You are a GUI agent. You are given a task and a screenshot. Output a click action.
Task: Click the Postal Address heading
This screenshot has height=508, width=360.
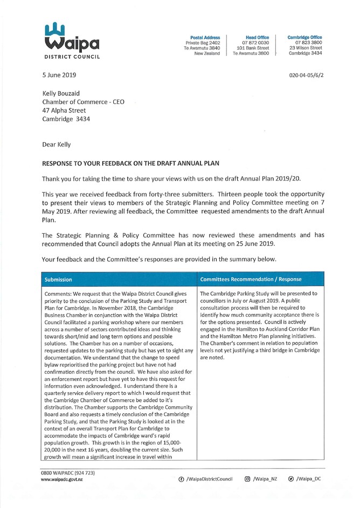click(205, 37)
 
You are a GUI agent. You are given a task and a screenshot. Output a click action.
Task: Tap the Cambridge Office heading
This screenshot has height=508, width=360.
click(304, 37)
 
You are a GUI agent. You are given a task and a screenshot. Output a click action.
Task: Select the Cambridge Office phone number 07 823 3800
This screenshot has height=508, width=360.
click(305, 43)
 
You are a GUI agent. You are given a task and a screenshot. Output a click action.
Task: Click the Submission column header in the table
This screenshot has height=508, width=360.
click(59, 280)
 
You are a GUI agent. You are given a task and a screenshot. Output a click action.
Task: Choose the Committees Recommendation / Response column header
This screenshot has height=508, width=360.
click(251, 280)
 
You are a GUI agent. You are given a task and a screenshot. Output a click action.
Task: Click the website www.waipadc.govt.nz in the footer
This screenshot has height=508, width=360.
click(62, 479)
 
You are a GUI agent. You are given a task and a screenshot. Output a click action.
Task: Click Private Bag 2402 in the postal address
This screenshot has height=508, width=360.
click(203, 43)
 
